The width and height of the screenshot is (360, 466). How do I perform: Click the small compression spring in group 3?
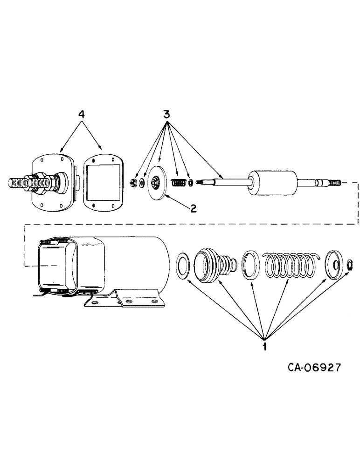coord(177,183)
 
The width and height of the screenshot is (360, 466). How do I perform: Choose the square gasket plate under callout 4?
coord(102,180)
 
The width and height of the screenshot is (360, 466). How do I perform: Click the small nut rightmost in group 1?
coord(349,266)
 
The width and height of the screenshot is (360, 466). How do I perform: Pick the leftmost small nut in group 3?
coord(133,182)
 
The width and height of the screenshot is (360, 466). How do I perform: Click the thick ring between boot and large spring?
coord(252,265)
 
